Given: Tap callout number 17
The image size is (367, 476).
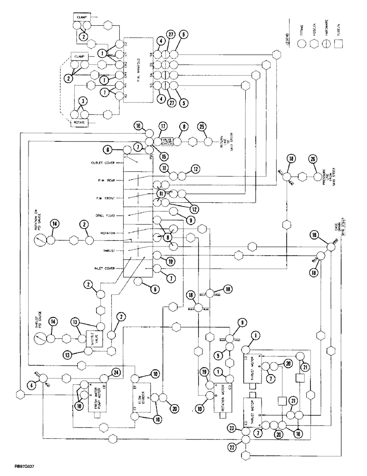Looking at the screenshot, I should pyautogui.click(x=164, y=127).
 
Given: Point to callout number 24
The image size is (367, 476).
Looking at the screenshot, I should pyautogui.click(x=116, y=373).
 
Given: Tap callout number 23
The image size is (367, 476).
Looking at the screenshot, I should pyautogui.click(x=232, y=427).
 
